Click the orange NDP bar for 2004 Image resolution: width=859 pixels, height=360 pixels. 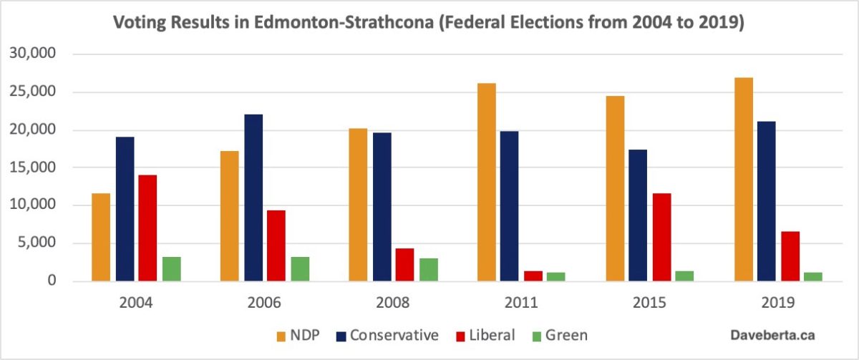(x=101, y=237)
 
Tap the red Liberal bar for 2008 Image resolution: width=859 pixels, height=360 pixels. (x=404, y=265)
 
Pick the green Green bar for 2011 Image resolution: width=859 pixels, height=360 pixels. (x=555, y=276)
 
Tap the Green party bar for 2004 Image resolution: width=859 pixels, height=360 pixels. (x=171, y=268)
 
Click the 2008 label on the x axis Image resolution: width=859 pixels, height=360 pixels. (x=392, y=303)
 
